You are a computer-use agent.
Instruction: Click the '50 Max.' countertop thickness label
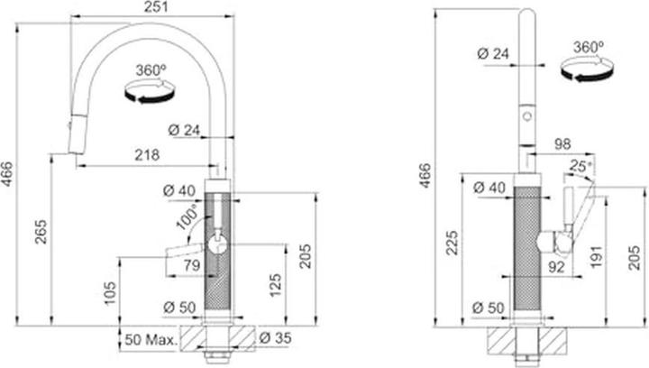pos(148,342)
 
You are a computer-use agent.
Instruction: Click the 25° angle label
pos(581,166)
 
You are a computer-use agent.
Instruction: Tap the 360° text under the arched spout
pos(151,69)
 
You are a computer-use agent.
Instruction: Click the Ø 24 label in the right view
pos(493,54)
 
